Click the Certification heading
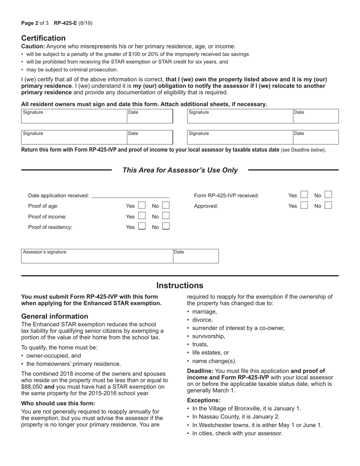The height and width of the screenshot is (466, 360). pyautogui.click(x=43, y=38)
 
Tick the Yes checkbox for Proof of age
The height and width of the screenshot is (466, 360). pyautogui.click(x=142, y=206)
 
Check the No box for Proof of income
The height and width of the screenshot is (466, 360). pyautogui.click(x=166, y=216)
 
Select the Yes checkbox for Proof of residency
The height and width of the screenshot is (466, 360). pyautogui.click(x=142, y=227)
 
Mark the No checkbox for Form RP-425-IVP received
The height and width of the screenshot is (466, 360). pyautogui.click(x=328, y=195)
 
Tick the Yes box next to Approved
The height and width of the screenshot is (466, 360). pyautogui.click(x=304, y=205)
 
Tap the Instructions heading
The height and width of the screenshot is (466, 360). pyautogui.click(x=180, y=285)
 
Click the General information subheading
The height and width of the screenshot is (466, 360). pyautogui.click(x=55, y=316)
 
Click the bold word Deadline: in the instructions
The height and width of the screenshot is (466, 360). pyautogui.click(x=200, y=371)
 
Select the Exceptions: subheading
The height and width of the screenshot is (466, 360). pyautogui.click(x=203, y=400)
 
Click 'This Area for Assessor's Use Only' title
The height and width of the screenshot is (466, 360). pyautogui.click(x=180, y=170)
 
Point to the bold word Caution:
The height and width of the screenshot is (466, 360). pyautogui.click(x=33, y=46)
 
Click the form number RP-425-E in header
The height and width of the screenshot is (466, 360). pyautogui.click(x=65, y=23)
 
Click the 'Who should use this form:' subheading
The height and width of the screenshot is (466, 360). pyautogui.click(x=58, y=403)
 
